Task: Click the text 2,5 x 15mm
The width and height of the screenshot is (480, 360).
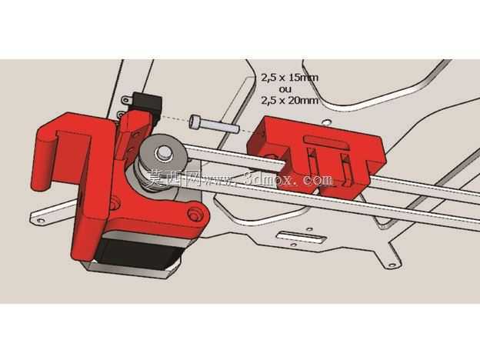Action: (289, 77)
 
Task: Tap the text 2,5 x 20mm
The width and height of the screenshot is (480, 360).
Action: (289, 100)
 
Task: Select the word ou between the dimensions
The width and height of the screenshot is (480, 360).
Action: (285, 89)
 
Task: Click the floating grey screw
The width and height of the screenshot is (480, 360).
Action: (214, 123)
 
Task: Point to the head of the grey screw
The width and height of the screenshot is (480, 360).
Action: (195, 122)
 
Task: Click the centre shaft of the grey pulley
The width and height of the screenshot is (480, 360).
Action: (162, 152)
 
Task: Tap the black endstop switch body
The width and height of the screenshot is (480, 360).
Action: (148, 105)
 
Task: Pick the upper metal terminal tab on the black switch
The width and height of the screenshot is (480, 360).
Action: (126, 100)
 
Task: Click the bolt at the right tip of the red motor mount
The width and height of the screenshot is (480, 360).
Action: (193, 213)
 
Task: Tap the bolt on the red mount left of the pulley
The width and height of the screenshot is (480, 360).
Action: (115, 203)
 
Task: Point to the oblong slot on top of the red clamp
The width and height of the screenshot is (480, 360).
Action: (327, 142)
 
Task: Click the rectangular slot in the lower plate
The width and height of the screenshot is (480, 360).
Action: (300, 237)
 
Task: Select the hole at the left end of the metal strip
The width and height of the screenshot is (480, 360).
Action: (40, 220)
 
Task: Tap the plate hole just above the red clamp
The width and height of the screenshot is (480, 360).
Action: (327, 122)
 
